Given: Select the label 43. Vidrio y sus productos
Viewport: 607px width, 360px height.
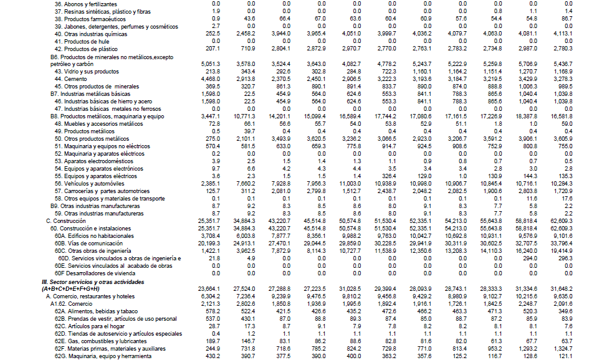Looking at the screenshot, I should pos(87,72).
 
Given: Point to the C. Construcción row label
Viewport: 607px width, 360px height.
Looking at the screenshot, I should pos(67,220).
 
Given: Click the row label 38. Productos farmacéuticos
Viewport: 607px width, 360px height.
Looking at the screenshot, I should pos(90,19).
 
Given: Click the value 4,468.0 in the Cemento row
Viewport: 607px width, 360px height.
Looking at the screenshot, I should pos(209,79).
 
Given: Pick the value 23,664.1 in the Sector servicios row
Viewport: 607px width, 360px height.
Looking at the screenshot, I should pos(209,288).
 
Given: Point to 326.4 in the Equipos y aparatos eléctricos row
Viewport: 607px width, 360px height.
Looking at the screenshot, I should pos(389,176).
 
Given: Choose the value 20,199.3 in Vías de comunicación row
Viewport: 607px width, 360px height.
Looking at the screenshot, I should pos(209,243).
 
